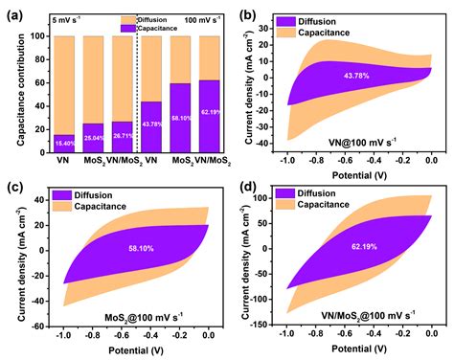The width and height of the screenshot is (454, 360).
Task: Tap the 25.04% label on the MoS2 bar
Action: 94,138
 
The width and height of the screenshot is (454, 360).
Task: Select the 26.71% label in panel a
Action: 122,136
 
